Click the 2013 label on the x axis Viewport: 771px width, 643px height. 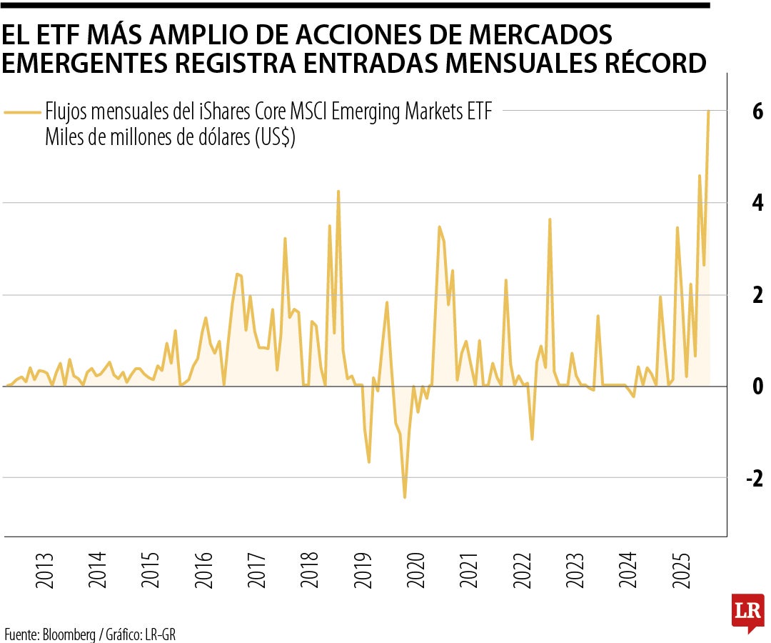[44, 569]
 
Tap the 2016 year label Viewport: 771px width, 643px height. [205, 569]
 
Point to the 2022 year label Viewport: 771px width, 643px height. [523, 569]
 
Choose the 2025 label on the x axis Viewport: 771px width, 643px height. [682, 569]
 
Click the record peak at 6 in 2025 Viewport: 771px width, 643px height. [708, 111]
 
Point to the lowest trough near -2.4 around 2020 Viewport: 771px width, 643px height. [405, 497]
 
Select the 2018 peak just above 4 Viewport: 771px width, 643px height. [338, 191]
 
